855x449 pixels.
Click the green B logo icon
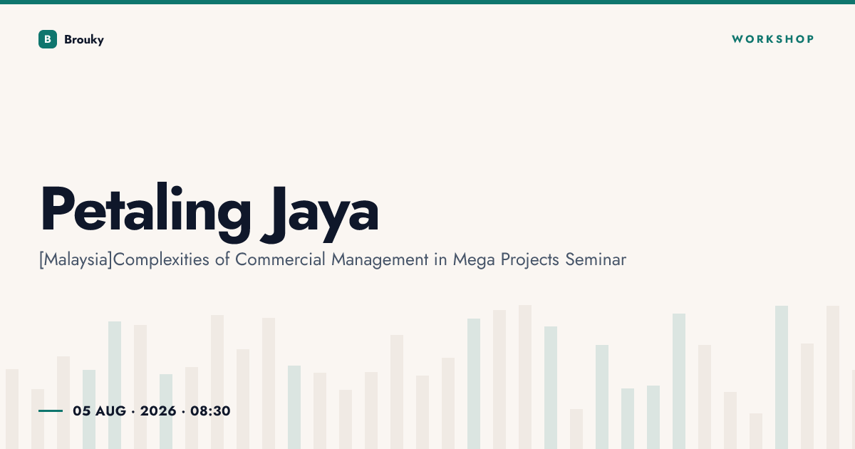(48, 39)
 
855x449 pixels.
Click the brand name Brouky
(84, 40)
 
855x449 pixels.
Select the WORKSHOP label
(773, 39)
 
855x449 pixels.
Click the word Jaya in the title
(319, 214)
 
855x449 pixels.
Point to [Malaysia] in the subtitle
(76, 260)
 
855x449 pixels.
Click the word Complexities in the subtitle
(161, 260)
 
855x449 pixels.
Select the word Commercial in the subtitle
(280, 259)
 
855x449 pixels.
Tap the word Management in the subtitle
(380, 260)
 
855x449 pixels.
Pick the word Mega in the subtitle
(474, 260)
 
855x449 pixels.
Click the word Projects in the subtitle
(530, 260)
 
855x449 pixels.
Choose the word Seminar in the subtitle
(596, 259)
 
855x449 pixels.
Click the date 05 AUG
(99, 411)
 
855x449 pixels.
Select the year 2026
(158, 411)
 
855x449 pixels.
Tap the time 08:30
(210, 411)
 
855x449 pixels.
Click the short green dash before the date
(51, 411)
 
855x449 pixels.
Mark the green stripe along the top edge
(427, 2)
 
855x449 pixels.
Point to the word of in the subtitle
(222, 259)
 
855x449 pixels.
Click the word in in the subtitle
(440, 259)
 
